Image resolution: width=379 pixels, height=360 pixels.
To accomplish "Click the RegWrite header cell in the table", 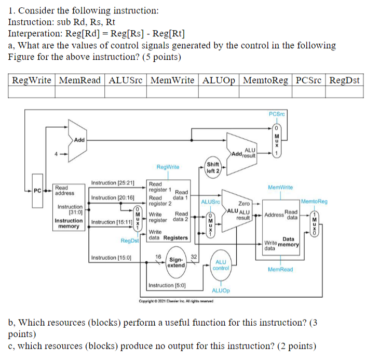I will pyautogui.click(x=32, y=80).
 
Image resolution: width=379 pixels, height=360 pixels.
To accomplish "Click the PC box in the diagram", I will pyautogui.click(x=37, y=190).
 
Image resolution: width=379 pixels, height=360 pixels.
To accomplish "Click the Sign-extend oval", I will pyautogui.click(x=177, y=262).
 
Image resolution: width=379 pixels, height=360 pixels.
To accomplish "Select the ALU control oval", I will pyautogui.click(x=221, y=265).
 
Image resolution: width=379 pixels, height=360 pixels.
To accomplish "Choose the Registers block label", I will pyautogui.click(x=175, y=237).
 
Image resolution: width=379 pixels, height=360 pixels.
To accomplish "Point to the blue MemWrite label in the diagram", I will pyautogui.click(x=280, y=186).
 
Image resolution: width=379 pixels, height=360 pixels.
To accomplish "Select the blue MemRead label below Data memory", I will pyautogui.click(x=280, y=269).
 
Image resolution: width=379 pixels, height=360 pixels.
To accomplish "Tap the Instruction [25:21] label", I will pyautogui.click(x=113, y=183).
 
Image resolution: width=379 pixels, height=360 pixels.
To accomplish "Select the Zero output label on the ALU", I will pyautogui.click(x=243, y=204).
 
